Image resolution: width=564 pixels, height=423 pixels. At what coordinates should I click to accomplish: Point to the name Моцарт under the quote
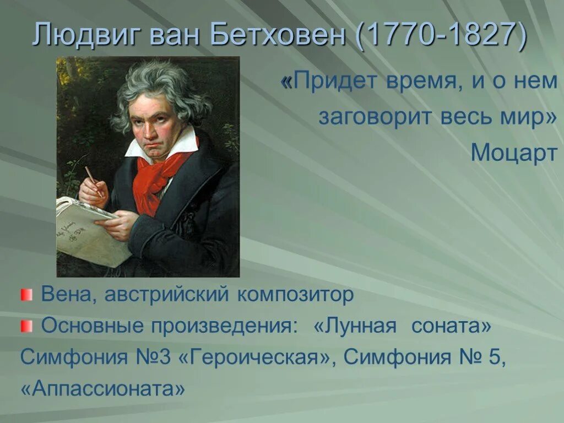[514, 154]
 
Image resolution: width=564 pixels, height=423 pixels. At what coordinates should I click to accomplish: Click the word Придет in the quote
[328, 82]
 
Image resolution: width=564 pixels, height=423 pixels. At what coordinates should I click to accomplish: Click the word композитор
[296, 296]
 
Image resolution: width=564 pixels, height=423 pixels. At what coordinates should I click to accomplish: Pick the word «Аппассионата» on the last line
[102, 389]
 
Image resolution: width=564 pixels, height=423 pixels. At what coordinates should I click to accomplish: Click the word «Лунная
[355, 326]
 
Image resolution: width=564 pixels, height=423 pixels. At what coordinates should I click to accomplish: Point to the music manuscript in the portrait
[88, 231]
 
